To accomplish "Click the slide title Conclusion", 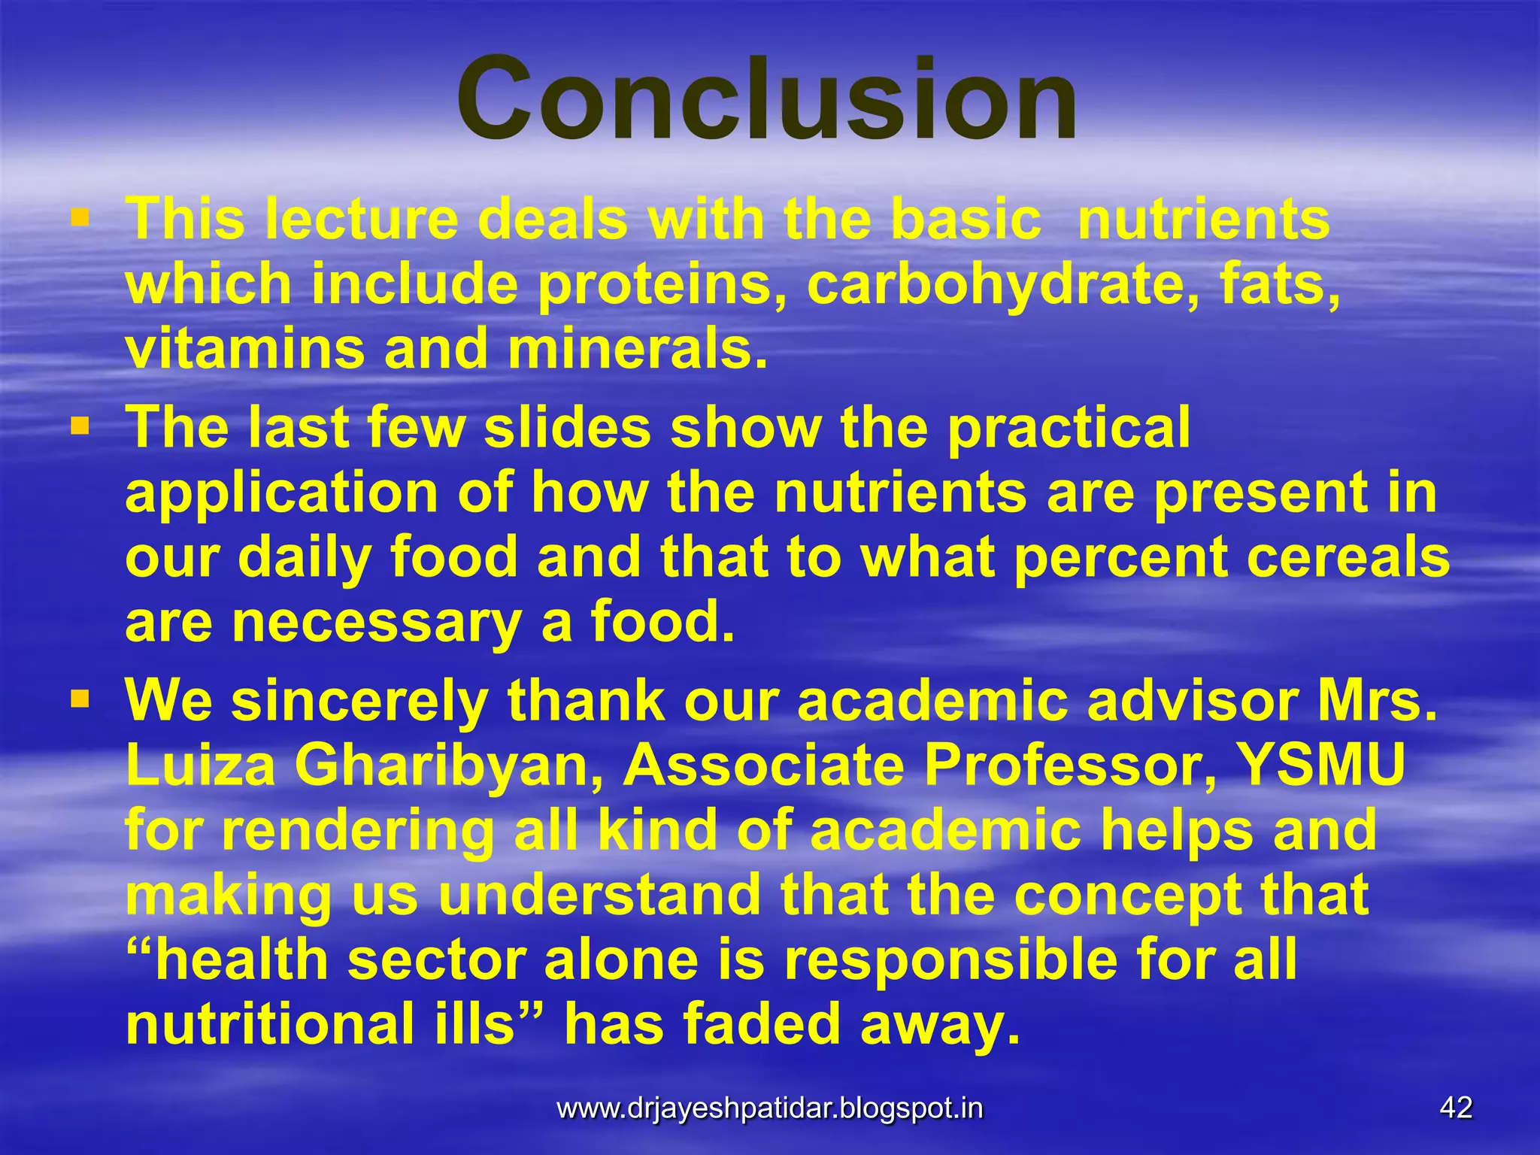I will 767,99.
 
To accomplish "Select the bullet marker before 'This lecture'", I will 80,219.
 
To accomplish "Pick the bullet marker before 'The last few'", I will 80,427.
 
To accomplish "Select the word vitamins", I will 244,350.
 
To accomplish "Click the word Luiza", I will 200,767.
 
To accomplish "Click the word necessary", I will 376,624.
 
